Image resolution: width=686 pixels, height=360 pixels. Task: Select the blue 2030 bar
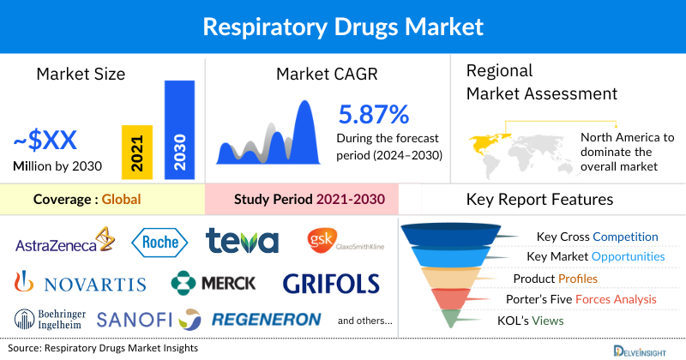tap(178, 129)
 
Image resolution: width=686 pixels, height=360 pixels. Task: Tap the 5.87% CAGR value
tap(373, 114)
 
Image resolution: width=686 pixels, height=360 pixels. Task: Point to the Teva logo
tap(243, 242)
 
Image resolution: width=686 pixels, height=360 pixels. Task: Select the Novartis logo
tap(81, 282)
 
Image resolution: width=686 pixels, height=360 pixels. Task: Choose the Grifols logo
tap(330, 282)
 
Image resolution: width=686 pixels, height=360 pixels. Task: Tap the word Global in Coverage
tap(121, 200)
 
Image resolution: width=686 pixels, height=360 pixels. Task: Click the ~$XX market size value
tap(48, 141)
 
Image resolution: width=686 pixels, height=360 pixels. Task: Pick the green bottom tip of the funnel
tap(447, 319)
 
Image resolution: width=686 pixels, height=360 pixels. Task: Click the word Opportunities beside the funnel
tap(623, 256)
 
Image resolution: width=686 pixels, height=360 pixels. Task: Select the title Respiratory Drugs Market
tap(343, 26)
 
